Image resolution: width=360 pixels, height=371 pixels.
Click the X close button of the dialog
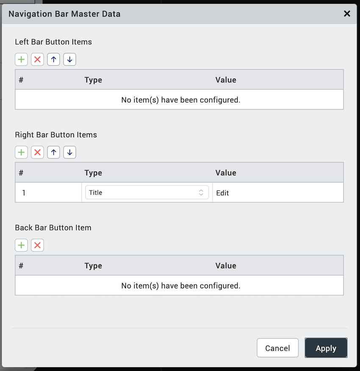coord(347,14)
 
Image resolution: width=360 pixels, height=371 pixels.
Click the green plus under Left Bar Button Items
coord(21,59)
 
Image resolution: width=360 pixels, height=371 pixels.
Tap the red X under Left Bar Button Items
coord(37,59)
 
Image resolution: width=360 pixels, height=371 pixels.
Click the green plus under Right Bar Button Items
coord(21,152)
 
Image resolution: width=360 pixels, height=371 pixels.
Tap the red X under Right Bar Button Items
coord(37,152)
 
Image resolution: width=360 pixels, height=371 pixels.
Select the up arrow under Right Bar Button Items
coord(53,152)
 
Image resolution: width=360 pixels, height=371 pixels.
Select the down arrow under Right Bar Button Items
coord(69,152)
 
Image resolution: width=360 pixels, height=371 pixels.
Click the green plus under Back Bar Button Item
coord(21,245)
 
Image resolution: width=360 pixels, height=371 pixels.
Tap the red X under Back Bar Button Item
coord(37,245)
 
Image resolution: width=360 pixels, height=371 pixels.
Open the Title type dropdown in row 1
coord(147,192)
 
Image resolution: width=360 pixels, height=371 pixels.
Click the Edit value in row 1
coord(222,193)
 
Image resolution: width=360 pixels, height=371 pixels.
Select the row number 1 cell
coord(24,193)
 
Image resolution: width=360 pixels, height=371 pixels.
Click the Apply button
coord(326,348)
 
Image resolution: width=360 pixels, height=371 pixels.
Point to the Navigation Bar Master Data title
coord(64,14)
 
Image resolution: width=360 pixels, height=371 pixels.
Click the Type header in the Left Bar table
coord(93,80)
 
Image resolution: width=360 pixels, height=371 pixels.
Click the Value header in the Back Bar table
coord(226,266)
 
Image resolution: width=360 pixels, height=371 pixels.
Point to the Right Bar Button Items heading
coord(56,135)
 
